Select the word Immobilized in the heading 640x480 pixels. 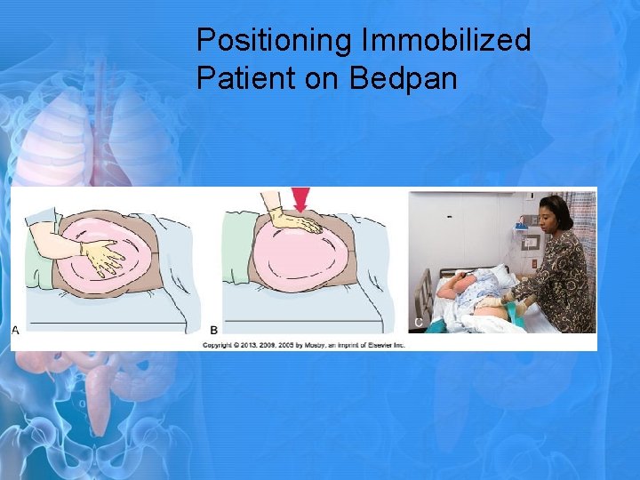tap(447, 40)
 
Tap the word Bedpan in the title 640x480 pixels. tap(404, 78)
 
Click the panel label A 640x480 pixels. tap(15, 330)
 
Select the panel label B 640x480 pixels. tap(213, 330)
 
